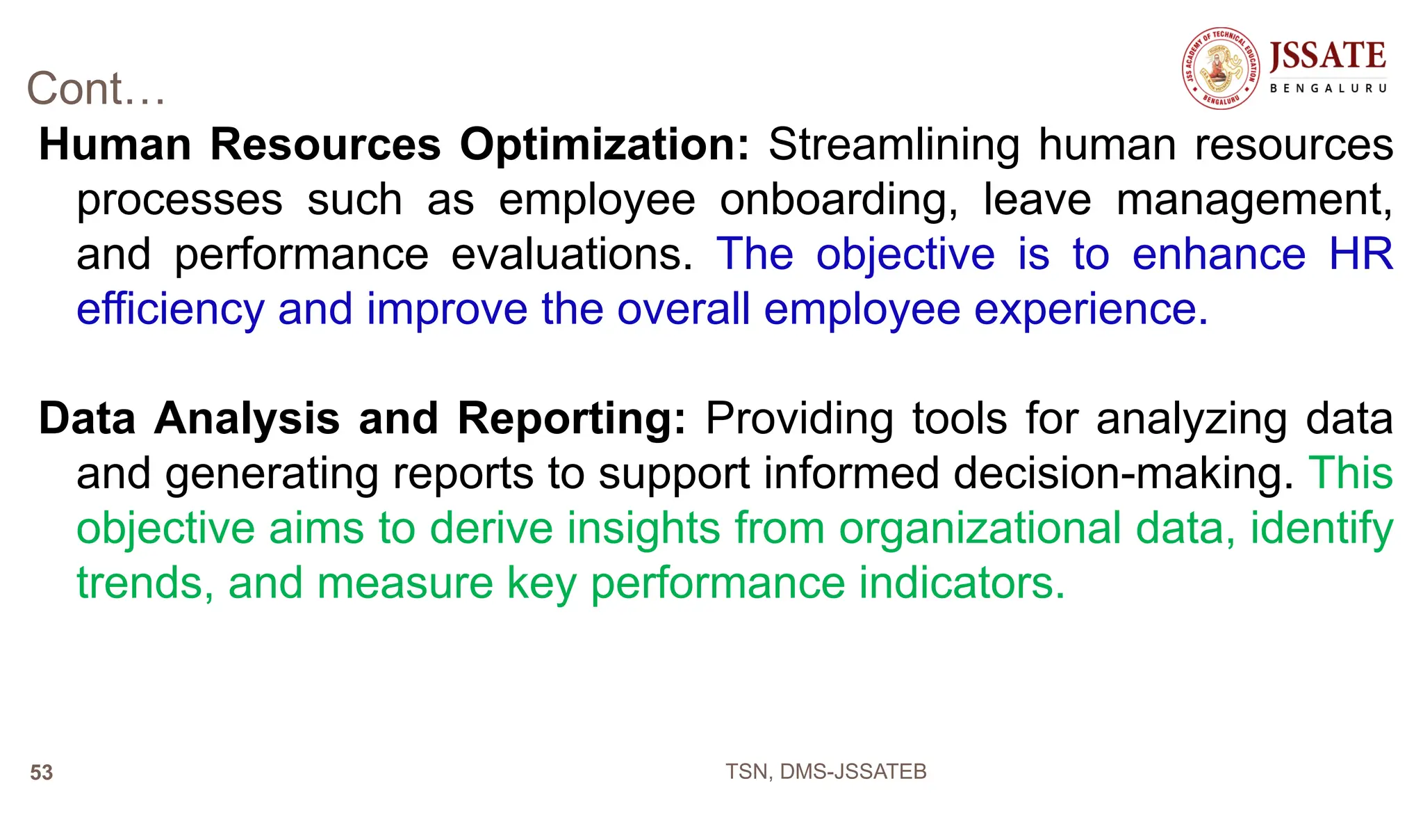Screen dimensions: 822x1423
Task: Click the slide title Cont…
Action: [x=96, y=89]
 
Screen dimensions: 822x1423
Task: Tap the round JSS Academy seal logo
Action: [x=1221, y=68]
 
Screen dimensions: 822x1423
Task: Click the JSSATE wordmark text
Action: [x=1327, y=56]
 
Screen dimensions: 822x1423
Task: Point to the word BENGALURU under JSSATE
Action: [x=1328, y=89]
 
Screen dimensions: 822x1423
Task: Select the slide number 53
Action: [x=42, y=773]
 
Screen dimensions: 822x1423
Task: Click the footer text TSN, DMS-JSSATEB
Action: [x=825, y=771]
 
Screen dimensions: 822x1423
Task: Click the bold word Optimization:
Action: [x=604, y=145]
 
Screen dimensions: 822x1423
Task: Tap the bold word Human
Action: [x=115, y=145]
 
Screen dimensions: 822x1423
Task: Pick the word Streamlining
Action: [x=894, y=145]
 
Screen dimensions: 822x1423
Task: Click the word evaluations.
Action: [x=572, y=255]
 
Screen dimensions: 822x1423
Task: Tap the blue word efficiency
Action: [x=170, y=309]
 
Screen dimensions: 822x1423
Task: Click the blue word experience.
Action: [x=1091, y=309]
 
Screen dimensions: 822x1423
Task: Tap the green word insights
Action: [x=643, y=528]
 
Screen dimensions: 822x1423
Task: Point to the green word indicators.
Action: [x=962, y=583]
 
